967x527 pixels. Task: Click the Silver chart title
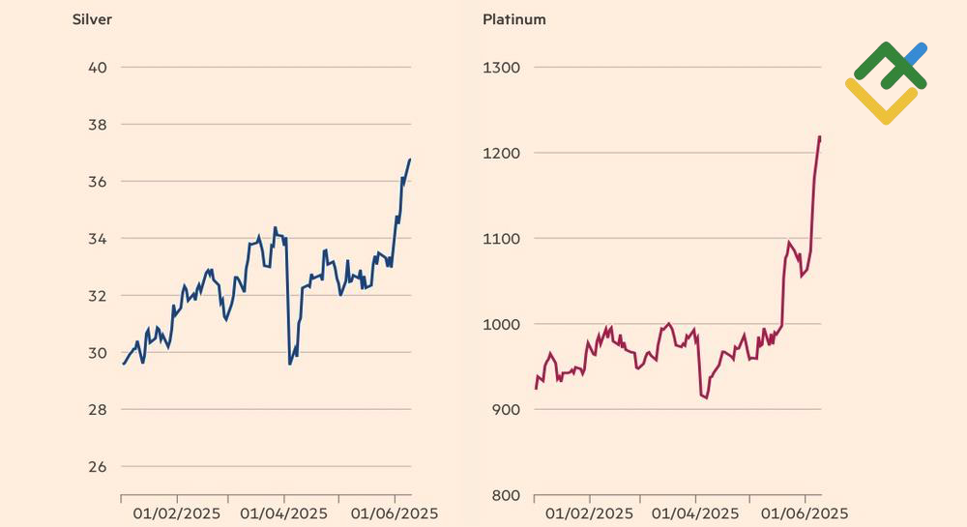93,19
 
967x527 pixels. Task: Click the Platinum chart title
513,19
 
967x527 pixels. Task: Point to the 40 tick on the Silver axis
98,68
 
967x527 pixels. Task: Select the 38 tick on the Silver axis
98,125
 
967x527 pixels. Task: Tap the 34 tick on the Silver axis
98,239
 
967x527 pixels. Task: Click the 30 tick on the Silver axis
98,353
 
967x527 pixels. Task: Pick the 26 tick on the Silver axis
98,467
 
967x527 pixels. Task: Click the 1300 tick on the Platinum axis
501,68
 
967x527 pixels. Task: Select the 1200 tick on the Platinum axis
501,153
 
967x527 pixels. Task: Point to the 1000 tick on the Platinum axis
501,325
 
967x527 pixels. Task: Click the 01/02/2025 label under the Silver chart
177,512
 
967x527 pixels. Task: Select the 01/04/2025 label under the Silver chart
284,512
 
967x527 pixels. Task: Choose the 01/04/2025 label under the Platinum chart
694,512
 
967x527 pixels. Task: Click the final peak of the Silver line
409,160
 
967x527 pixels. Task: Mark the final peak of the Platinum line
819,137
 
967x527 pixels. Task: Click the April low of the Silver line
290,364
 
